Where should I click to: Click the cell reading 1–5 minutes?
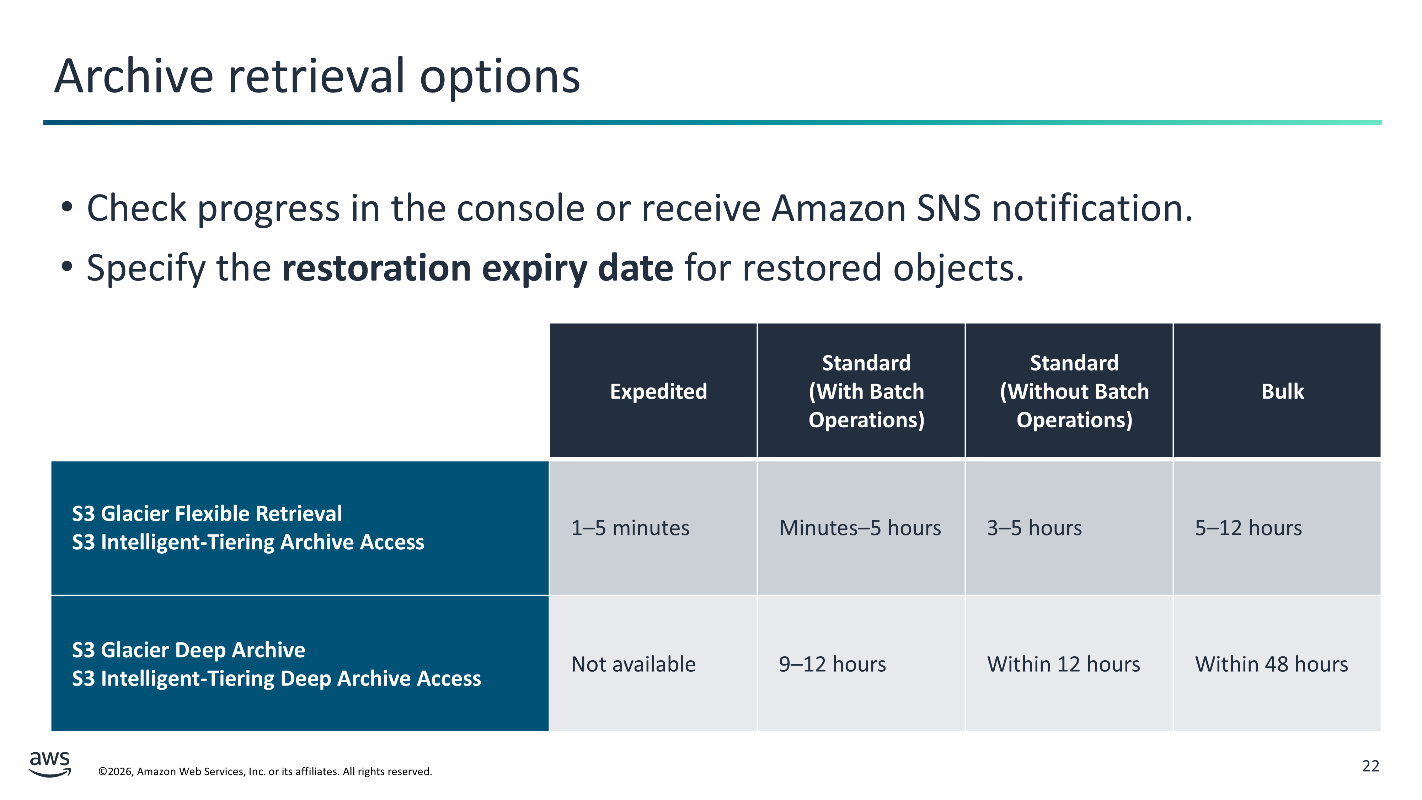coord(653,528)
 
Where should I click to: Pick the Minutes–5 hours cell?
coord(861,528)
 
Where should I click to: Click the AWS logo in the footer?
coord(50,764)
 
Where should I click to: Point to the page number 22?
coord(1371,766)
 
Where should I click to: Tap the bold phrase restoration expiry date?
coord(477,268)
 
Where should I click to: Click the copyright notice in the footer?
coord(265,771)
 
